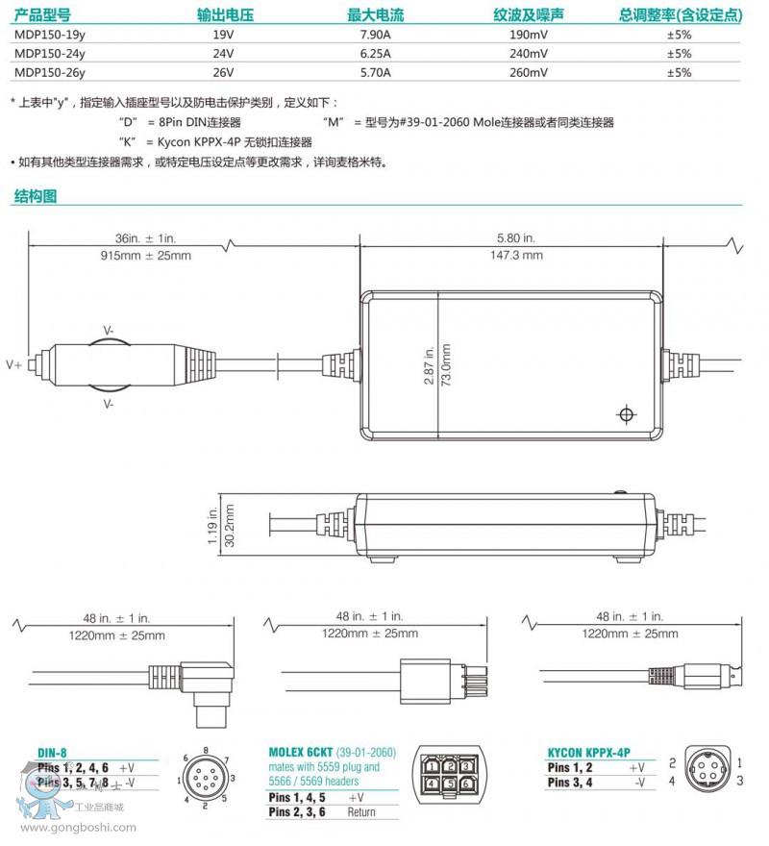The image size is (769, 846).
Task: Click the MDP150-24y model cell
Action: tap(49, 54)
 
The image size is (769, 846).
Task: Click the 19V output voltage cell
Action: tap(223, 35)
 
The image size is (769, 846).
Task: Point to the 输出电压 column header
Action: tap(223, 15)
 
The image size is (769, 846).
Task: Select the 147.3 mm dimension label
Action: tap(518, 255)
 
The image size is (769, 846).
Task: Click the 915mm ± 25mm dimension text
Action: tap(145, 255)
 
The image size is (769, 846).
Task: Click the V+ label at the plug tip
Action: tap(13, 365)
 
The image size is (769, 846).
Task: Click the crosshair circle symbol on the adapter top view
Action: tap(626, 414)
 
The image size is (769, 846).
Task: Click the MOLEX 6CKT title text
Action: tap(304, 752)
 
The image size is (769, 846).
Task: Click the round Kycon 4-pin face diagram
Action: tap(709, 771)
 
